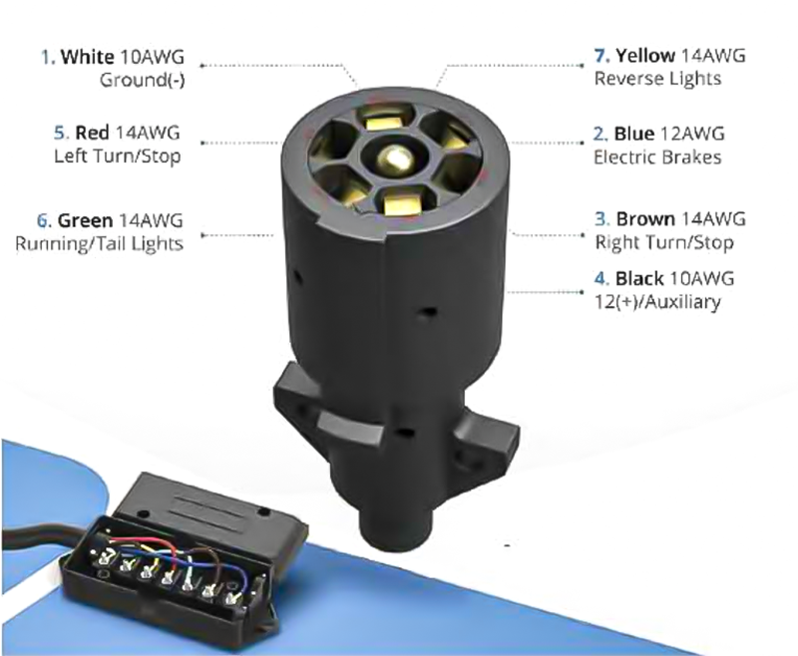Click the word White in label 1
click(x=87, y=57)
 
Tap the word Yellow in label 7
click(x=645, y=56)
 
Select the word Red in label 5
click(x=92, y=133)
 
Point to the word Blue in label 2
click(x=634, y=134)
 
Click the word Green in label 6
click(x=85, y=220)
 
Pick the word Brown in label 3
click(x=645, y=219)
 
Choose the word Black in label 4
click(x=639, y=279)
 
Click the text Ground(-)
click(x=142, y=81)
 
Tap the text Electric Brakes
click(x=657, y=158)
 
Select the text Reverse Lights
click(x=657, y=79)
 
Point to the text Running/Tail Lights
click(x=99, y=243)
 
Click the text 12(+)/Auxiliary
click(x=657, y=302)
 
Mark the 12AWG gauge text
click(x=692, y=134)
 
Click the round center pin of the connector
click(x=392, y=157)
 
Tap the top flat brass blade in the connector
click(x=384, y=121)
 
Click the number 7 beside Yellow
click(x=601, y=56)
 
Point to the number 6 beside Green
click(x=44, y=220)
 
